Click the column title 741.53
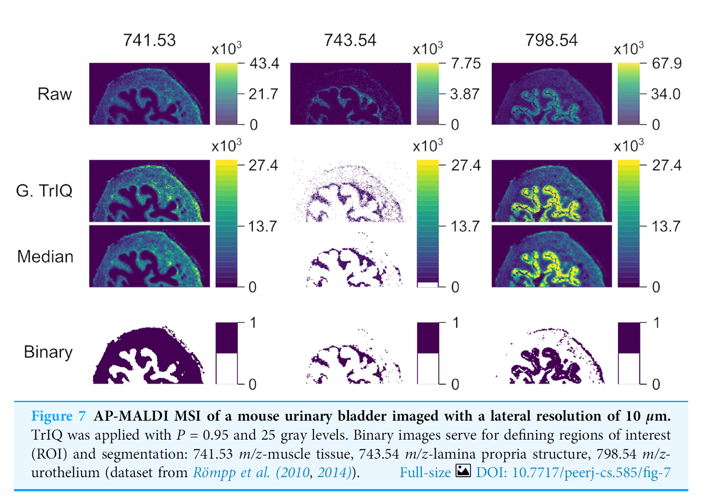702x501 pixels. pos(149,40)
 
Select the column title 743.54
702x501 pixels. pos(350,40)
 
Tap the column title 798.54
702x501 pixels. pos(551,40)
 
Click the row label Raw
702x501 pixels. pos(54,94)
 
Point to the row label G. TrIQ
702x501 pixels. pos(44,191)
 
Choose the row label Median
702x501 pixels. pos(45,256)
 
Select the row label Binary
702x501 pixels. pos(48,352)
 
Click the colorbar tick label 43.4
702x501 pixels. pos(264,63)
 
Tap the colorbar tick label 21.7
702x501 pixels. pos(263,94)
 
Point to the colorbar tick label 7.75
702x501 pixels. pos(466,63)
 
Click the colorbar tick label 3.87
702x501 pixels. pos(464,94)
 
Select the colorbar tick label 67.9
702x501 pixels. pos(667,63)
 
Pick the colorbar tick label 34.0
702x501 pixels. pos(665,94)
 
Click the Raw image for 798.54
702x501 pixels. pos(551,94)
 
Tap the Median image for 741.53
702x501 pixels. pos(149,256)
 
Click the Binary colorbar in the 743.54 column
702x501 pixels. pos(428,353)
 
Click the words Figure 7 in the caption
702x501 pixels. pos(58,416)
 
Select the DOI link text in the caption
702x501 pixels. pos(573,472)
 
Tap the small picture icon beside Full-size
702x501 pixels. pos(463,471)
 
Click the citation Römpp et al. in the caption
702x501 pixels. pos(231,472)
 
